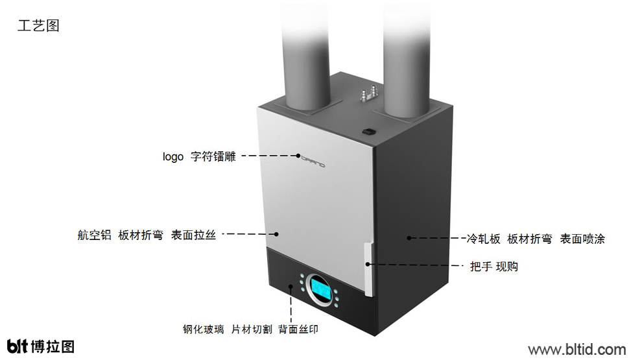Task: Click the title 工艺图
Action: pos(38,25)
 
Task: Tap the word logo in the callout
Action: pos(172,157)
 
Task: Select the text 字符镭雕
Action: pos(213,156)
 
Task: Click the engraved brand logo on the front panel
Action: pos(313,162)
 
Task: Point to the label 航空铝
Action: pos(94,235)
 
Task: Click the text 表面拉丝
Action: pos(193,235)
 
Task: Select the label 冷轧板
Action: pos(484,239)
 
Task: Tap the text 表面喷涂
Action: pos(582,239)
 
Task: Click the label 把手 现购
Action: pos(493,267)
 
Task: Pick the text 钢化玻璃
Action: pos(204,330)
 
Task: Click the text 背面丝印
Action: pos(298,330)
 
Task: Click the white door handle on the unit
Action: pos(368,269)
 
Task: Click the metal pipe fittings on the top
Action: pos(368,93)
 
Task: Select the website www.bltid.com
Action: pos(577,350)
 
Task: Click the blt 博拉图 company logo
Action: pos(41,346)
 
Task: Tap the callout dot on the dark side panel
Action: pos(409,238)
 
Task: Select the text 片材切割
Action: pos(252,330)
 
